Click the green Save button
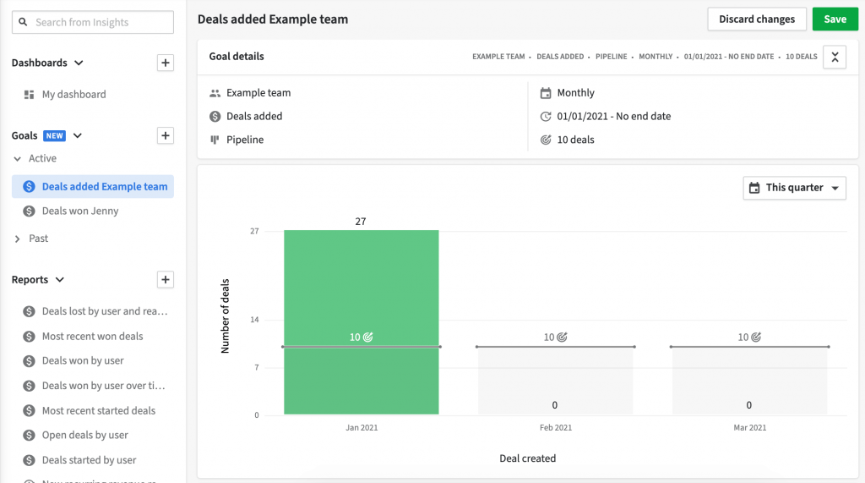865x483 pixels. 835,19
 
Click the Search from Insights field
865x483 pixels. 93,23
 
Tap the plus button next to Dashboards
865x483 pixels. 166,63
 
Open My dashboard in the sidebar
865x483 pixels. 73,95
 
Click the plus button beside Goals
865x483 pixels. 166,135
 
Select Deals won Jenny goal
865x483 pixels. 79,211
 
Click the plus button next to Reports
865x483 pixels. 166,280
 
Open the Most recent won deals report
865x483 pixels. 92,337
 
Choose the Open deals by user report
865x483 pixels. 84,436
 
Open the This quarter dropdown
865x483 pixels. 794,188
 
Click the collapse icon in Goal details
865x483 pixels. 835,57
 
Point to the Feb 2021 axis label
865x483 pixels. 556,428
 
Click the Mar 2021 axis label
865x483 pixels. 749,428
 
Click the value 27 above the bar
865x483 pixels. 361,222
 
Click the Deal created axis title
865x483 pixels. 527,458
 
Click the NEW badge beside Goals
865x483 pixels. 55,136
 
